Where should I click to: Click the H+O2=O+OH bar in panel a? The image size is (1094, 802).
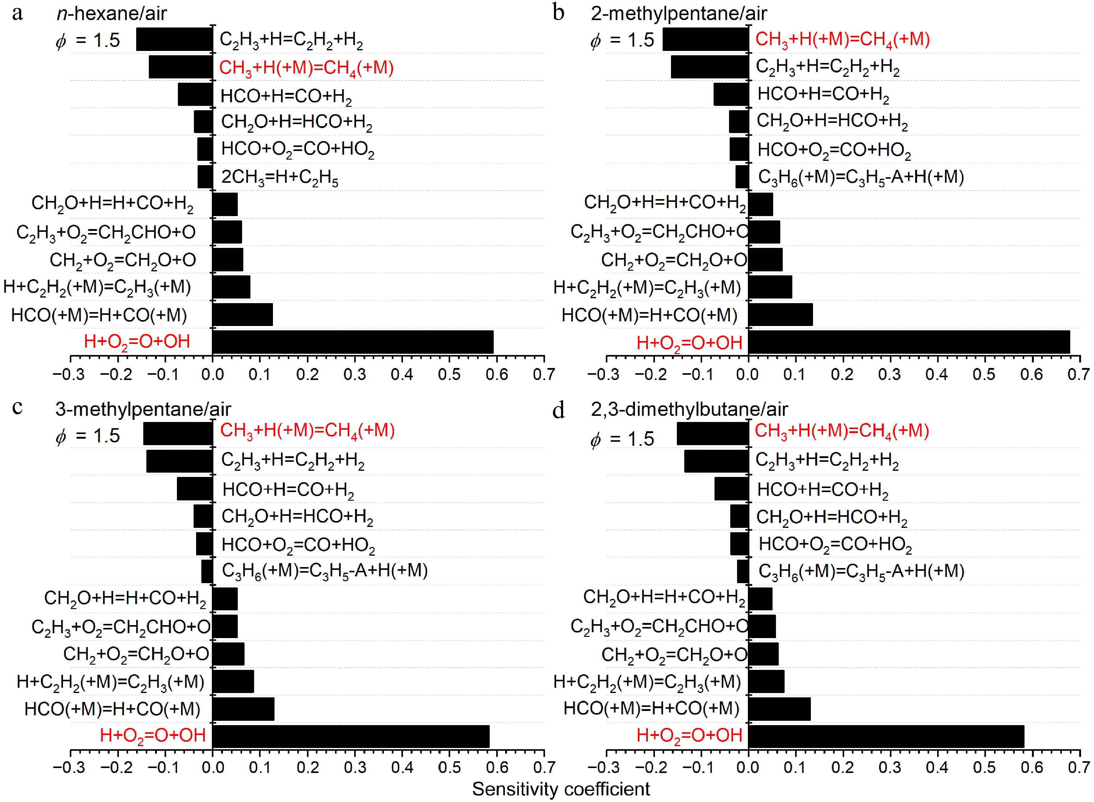tap(353, 342)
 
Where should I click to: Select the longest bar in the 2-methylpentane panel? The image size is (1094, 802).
tap(909, 342)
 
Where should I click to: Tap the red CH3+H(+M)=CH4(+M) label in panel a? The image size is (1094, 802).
tap(306, 68)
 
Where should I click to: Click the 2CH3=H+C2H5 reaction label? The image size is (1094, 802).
tap(280, 178)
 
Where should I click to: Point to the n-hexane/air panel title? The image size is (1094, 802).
tap(112, 14)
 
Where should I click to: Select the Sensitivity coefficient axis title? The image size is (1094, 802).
tap(561, 789)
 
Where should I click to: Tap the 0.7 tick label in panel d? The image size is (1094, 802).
tap(1079, 767)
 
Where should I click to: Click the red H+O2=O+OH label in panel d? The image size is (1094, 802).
tap(689, 735)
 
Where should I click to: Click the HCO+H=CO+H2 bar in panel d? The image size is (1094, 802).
tap(731, 488)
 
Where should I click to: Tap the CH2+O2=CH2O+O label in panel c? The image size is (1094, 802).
tap(136, 654)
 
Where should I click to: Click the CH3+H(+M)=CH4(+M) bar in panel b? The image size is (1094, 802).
tap(706, 39)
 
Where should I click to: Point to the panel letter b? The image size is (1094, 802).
tap(558, 13)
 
